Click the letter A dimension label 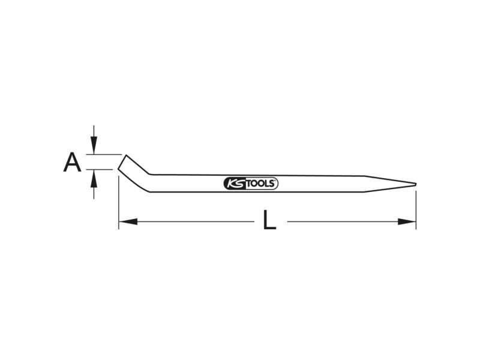(x=72, y=162)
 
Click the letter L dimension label (x=269, y=220)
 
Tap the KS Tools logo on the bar (x=251, y=184)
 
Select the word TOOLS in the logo (x=260, y=184)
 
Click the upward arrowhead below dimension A (x=94, y=178)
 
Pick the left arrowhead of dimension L (x=128, y=221)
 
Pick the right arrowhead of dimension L (x=407, y=221)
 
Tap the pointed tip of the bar (x=416, y=184)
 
